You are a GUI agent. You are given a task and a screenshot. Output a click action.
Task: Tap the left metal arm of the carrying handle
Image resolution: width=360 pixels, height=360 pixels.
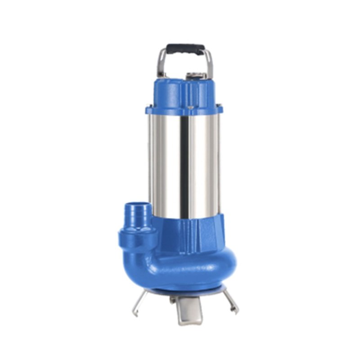point(161,63)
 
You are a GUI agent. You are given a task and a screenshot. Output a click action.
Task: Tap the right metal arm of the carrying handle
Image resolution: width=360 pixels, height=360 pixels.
point(210,63)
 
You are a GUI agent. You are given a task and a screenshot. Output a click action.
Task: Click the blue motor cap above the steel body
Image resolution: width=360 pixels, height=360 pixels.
point(184,92)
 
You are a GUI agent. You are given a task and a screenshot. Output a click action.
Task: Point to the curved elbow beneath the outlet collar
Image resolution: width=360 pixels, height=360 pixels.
point(144,259)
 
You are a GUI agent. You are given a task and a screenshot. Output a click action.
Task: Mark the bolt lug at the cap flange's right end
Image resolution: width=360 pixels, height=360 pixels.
point(220,108)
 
